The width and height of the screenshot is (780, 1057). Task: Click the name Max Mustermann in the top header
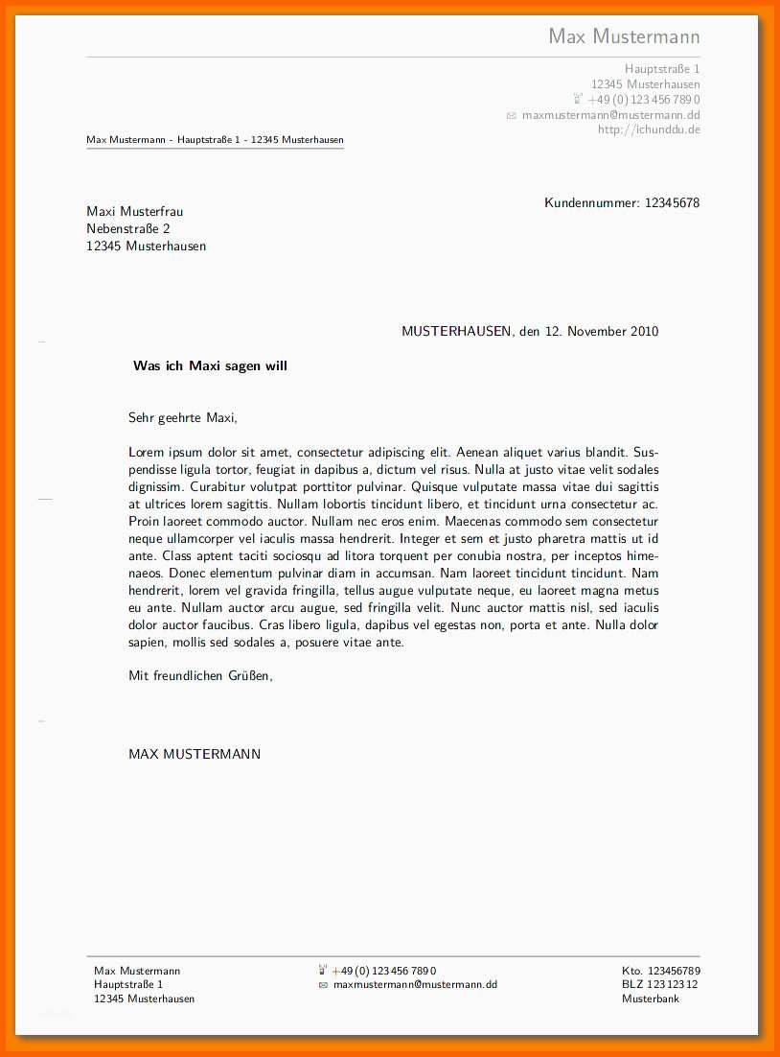pyautogui.click(x=624, y=36)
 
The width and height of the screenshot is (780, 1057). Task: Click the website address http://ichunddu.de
pyautogui.click(x=649, y=129)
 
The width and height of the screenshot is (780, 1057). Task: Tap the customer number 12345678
pyautogui.click(x=672, y=202)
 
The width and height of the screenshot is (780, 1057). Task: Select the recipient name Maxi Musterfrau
pyautogui.click(x=134, y=211)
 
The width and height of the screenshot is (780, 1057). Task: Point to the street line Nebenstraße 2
pyautogui.click(x=127, y=228)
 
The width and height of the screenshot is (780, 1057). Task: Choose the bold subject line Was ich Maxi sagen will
pyautogui.click(x=210, y=365)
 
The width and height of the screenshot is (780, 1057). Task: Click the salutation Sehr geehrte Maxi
pyautogui.click(x=182, y=417)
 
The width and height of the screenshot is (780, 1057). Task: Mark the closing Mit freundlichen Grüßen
pyautogui.click(x=200, y=675)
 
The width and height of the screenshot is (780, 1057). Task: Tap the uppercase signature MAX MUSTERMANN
pyautogui.click(x=195, y=754)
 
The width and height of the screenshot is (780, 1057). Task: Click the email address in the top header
pyautogui.click(x=610, y=115)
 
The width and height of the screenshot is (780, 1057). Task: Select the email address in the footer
pyautogui.click(x=415, y=984)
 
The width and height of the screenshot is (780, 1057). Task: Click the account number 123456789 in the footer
pyautogui.click(x=674, y=971)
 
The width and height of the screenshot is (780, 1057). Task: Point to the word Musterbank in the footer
pyautogui.click(x=650, y=998)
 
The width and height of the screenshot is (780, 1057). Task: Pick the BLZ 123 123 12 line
pyautogui.click(x=659, y=984)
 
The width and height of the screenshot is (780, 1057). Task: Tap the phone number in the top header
pyautogui.click(x=643, y=100)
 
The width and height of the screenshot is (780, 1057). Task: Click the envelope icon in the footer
pyautogui.click(x=323, y=985)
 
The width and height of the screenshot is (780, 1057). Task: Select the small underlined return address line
pyautogui.click(x=215, y=140)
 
